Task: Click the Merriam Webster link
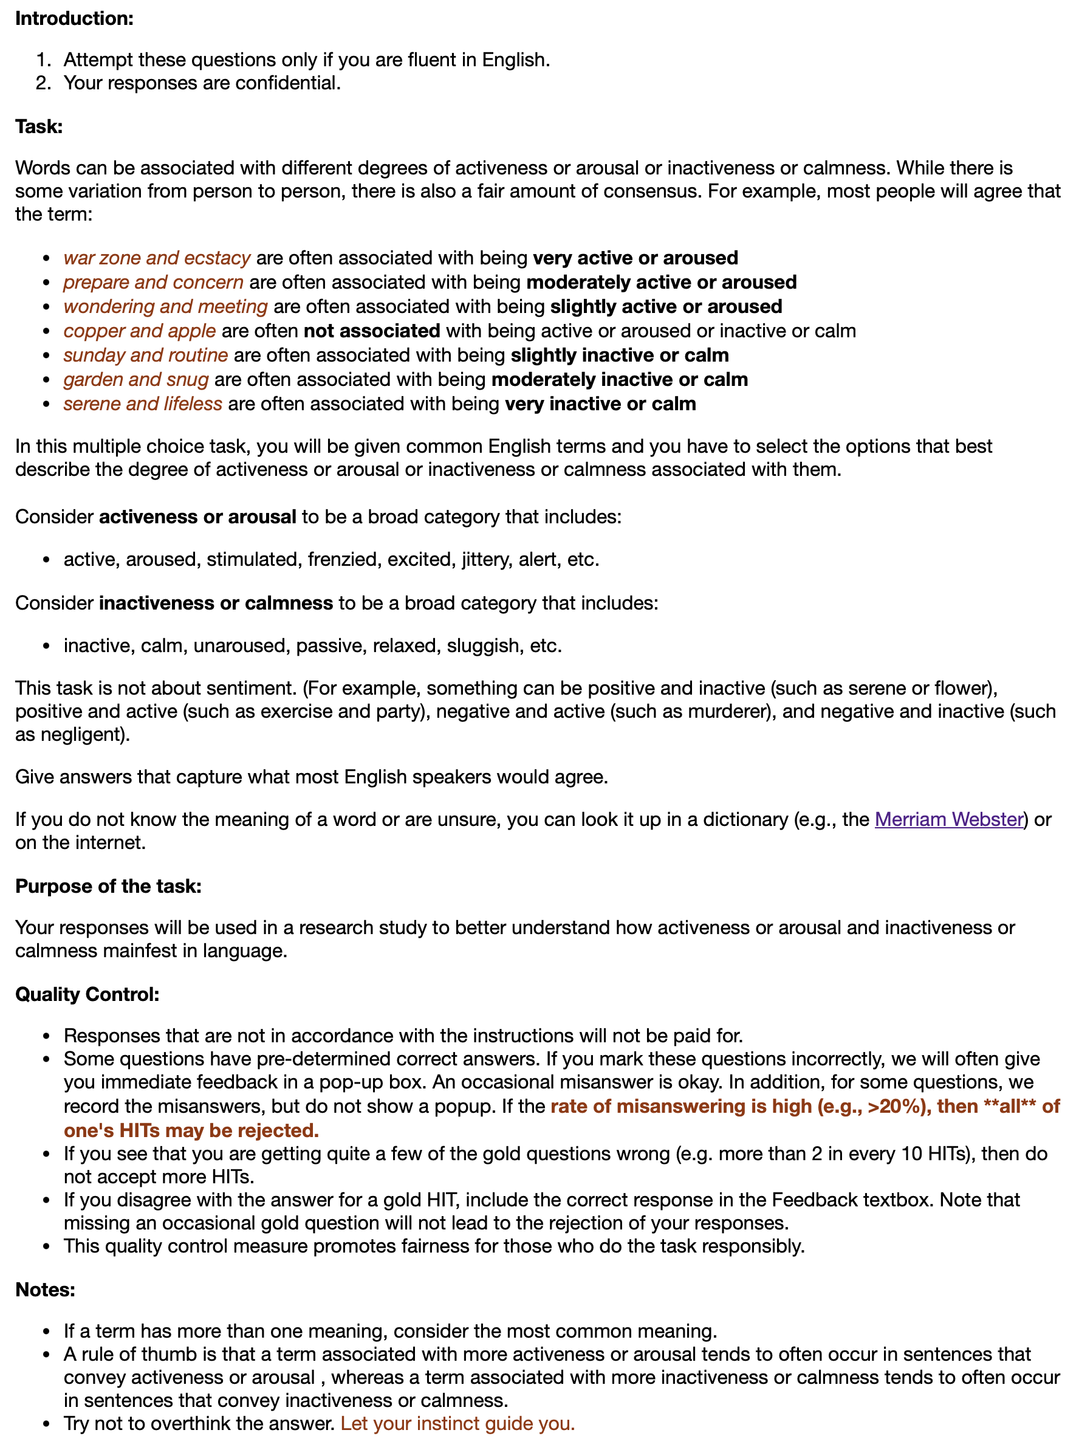(x=948, y=819)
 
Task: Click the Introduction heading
(x=74, y=18)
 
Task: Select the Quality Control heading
(x=87, y=994)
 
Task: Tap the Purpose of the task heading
(x=108, y=886)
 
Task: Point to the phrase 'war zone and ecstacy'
(x=157, y=258)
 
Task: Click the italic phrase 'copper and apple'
(x=140, y=331)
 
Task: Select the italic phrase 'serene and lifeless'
(x=143, y=404)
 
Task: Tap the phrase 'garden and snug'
(x=135, y=379)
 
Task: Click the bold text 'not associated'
(x=371, y=331)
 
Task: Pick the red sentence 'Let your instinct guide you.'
(x=457, y=1423)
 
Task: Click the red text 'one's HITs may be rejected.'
(x=191, y=1130)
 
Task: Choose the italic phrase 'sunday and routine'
(x=146, y=355)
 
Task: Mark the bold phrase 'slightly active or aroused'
(x=666, y=307)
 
